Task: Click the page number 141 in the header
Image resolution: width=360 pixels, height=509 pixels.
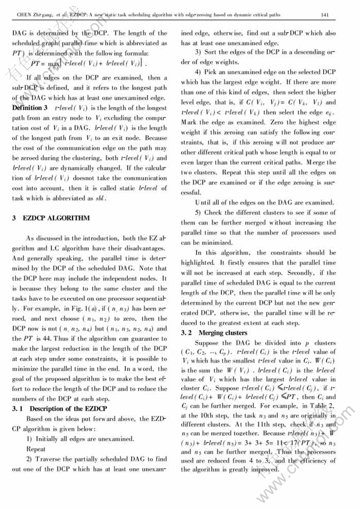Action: [341, 16]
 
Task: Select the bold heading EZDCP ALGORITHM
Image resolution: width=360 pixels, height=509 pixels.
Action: [56, 218]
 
